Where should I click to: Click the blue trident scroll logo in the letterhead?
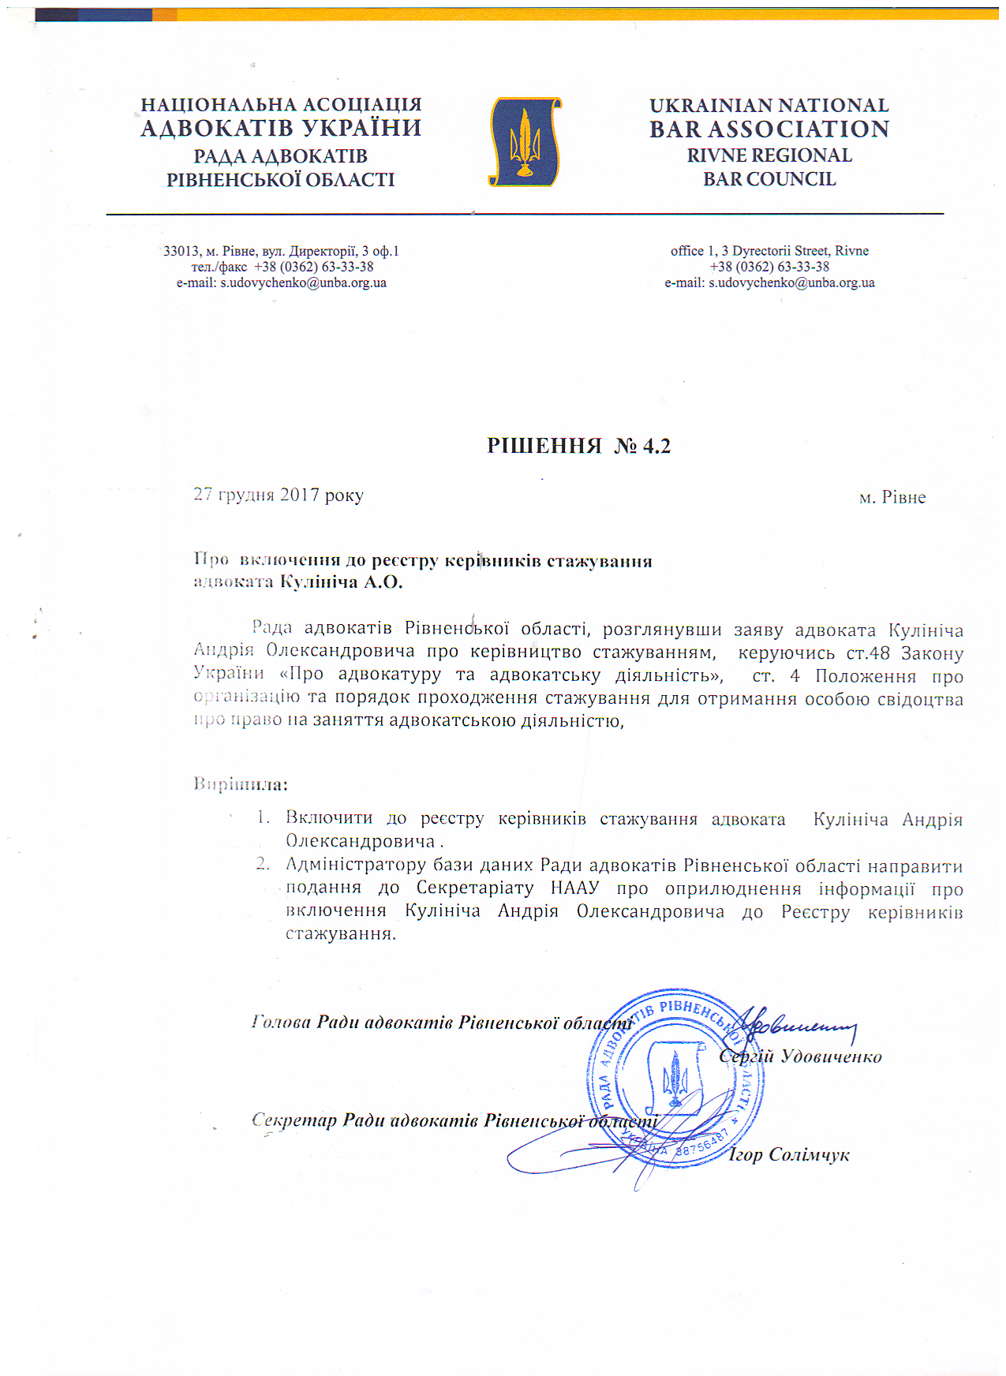tap(525, 142)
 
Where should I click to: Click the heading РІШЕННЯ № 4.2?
tap(578, 447)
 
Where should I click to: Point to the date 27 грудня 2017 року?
tap(279, 495)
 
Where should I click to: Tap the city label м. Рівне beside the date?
tap(892, 498)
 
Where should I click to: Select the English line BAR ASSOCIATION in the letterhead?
tap(769, 129)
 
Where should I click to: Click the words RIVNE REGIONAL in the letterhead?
tap(769, 155)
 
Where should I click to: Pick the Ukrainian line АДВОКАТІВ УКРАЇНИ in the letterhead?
tap(281, 129)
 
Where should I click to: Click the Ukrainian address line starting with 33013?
tap(281, 251)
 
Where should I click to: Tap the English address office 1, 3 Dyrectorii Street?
tap(769, 251)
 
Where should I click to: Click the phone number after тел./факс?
tap(314, 267)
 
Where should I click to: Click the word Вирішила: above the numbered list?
tap(241, 784)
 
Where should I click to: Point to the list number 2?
tap(263, 865)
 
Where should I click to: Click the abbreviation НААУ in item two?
tap(574, 888)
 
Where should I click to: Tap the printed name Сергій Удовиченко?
tap(800, 1057)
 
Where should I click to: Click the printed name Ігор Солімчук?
tap(788, 1155)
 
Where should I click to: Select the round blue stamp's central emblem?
tap(675, 1077)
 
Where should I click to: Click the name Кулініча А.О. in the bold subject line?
tap(341, 582)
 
